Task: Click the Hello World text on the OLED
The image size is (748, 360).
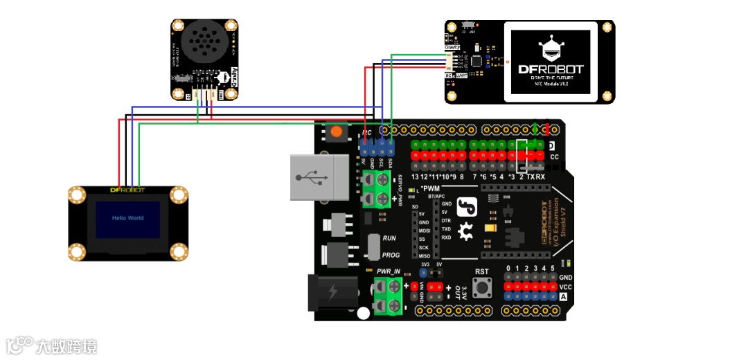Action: pos(128,218)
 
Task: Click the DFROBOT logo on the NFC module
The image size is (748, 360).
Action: pos(551,69)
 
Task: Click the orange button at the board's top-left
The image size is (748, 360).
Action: pos(337,130)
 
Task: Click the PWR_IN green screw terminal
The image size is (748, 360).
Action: pos(388,295)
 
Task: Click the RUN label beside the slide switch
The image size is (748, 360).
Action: pos(389,237)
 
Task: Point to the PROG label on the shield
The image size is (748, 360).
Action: pos(391,255)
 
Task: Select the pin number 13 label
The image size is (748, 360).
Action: pos(414,177)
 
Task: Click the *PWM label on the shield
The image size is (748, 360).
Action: pos(431,188)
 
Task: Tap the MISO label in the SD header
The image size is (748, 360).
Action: pos(424,256)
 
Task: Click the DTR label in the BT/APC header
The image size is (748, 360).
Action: pos(447,220)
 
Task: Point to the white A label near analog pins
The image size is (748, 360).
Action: pos(563,297)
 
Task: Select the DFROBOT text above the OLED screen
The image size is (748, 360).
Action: pos(128,189)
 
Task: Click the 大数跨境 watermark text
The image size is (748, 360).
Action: pos(66,346)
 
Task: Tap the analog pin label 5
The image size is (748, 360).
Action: pos(553,268)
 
